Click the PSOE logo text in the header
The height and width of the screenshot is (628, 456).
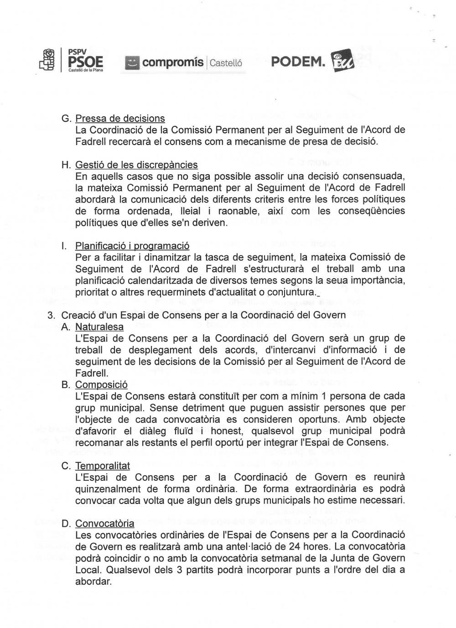point(85,62)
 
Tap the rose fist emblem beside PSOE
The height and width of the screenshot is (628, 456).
point(47,60)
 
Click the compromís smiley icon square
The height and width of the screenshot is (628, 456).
point(132,63)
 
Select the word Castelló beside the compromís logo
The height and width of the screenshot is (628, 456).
point(226,63)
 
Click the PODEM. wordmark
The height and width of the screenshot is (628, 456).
point(298,62)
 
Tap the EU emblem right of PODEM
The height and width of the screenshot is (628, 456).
point(342,61)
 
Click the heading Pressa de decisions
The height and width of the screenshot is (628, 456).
point(120,119)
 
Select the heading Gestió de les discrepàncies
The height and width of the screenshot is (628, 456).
point(136,165)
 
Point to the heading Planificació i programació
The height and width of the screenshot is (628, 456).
point(132,246)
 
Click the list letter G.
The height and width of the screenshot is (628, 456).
point(66,119)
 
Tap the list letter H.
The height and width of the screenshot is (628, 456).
point(66,165)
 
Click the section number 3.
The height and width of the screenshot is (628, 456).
point(52,315)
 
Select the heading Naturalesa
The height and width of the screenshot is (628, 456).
point(99,327)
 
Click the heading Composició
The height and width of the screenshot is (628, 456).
point(101,385)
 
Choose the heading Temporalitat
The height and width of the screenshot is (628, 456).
point(103,466)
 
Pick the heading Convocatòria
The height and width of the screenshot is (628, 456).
point(105,524)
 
